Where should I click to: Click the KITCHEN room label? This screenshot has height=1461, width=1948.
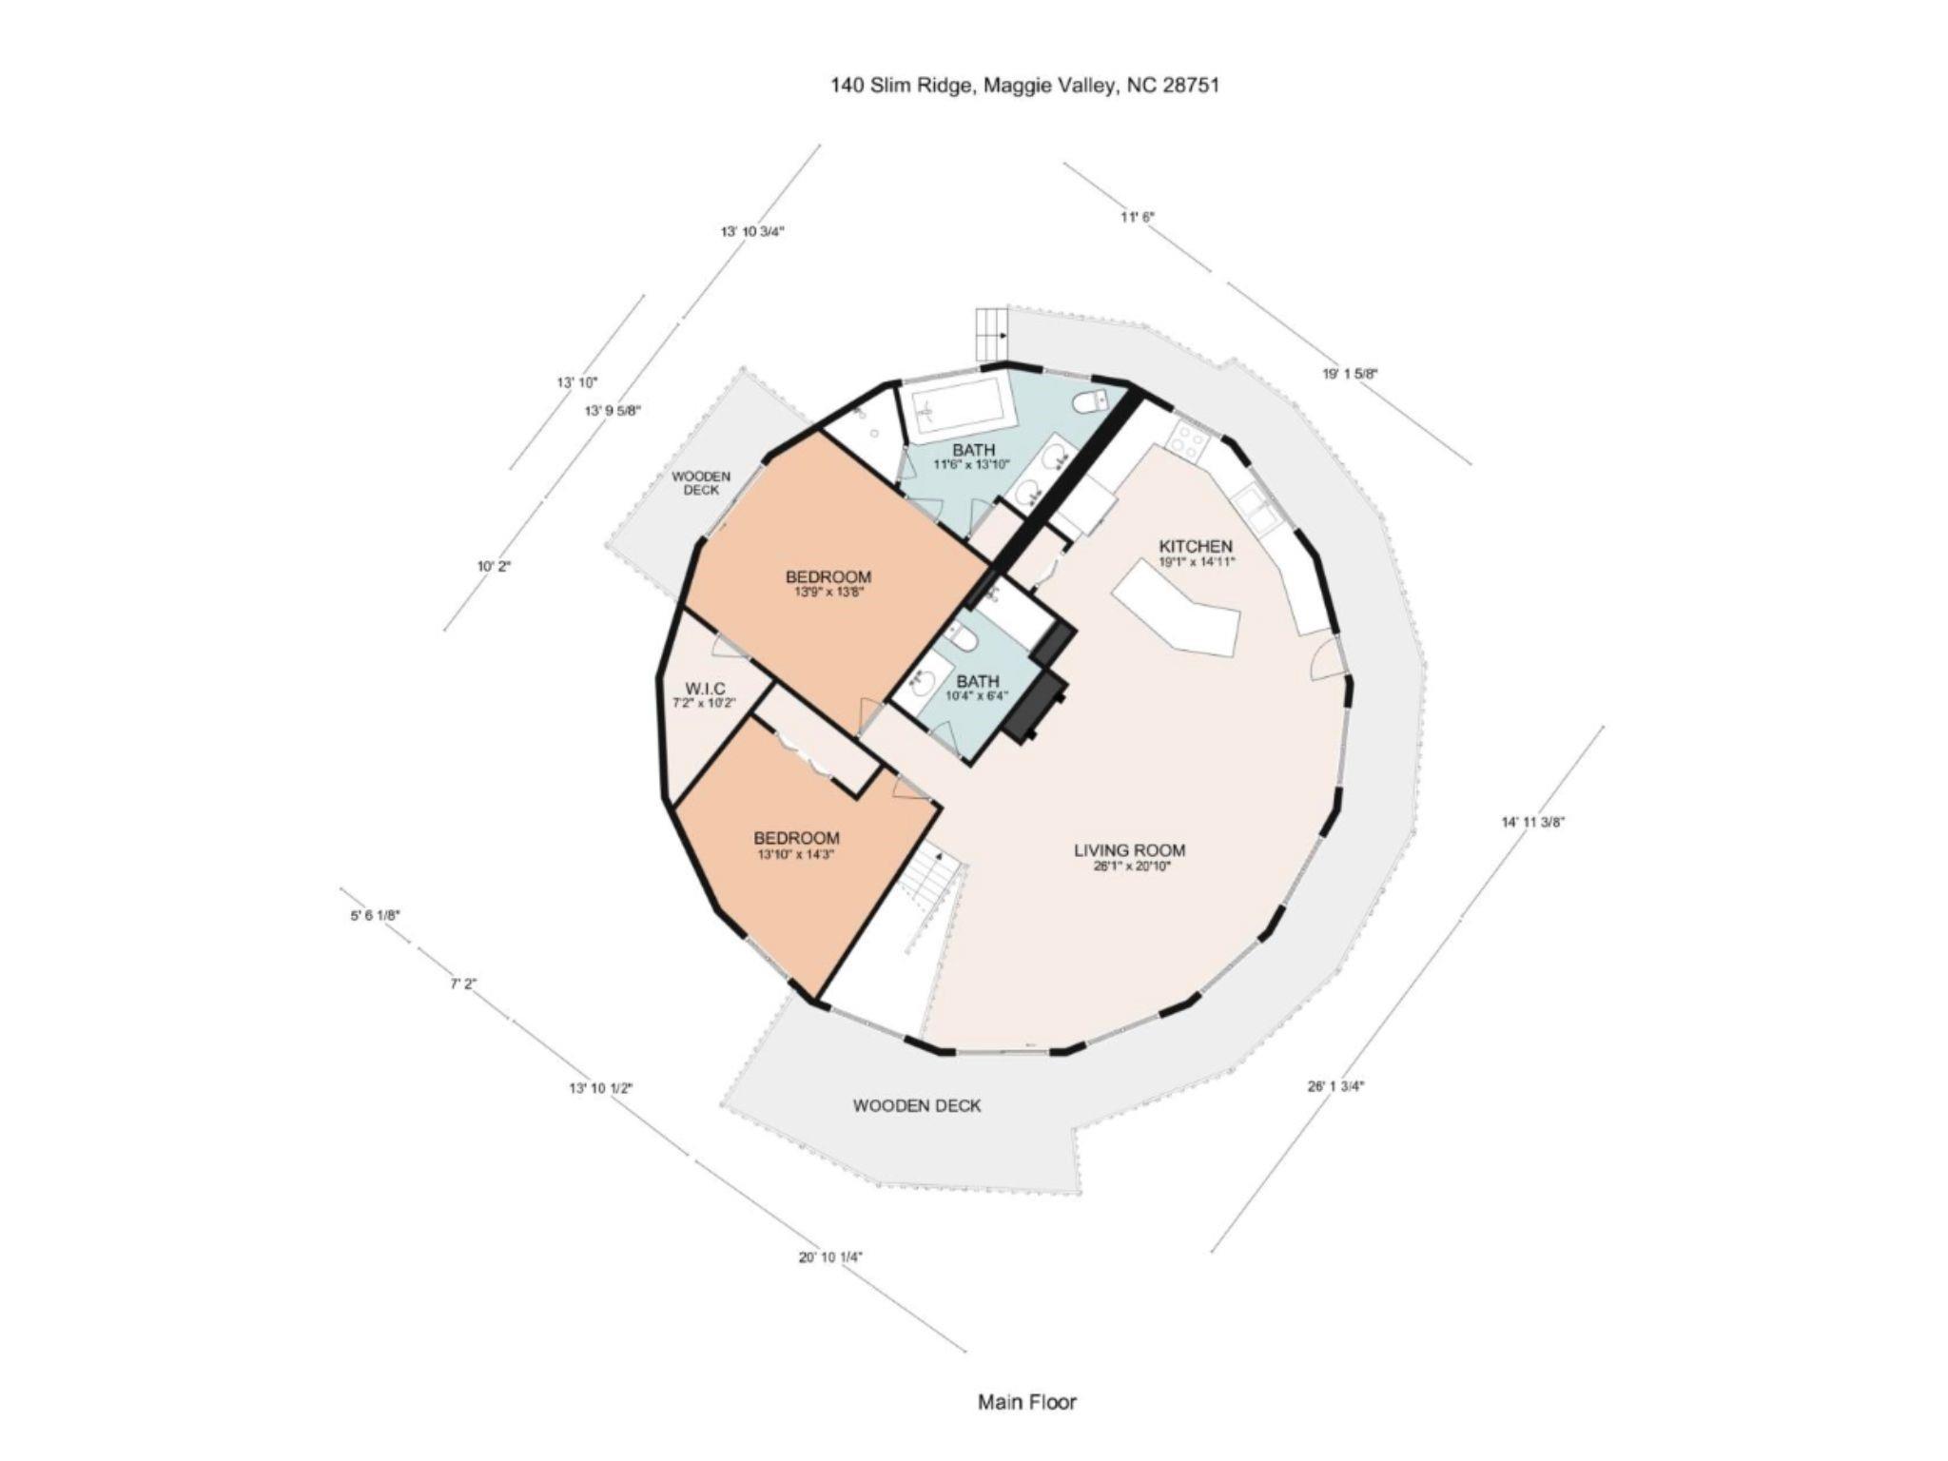(1196, 547)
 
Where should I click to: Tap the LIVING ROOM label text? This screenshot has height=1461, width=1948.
(1130, 850)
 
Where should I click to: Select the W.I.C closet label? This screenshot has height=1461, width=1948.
(705, 689)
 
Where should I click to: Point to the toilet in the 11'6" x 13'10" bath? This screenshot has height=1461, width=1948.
(1090, 402)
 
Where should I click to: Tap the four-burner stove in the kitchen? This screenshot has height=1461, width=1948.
(1188, 440)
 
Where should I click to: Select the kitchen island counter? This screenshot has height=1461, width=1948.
(1177, 619)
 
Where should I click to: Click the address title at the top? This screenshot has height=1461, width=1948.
(1024, 85)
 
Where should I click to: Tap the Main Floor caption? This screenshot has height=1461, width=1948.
(1027, 1401)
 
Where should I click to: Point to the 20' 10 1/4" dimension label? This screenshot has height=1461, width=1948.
(830, 1256)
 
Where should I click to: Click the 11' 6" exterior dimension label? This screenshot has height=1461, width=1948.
(1137, 217)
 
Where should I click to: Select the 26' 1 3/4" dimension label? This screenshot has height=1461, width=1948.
(1335, 1085)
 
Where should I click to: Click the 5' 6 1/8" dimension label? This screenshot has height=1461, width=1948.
(375, 915)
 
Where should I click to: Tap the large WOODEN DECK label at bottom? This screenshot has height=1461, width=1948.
(917, 1105)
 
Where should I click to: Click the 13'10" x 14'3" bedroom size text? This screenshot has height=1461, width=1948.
(796, 854)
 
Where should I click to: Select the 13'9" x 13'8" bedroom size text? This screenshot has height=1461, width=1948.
(828, 592)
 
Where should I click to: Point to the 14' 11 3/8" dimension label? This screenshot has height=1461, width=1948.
(1532, 823)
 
